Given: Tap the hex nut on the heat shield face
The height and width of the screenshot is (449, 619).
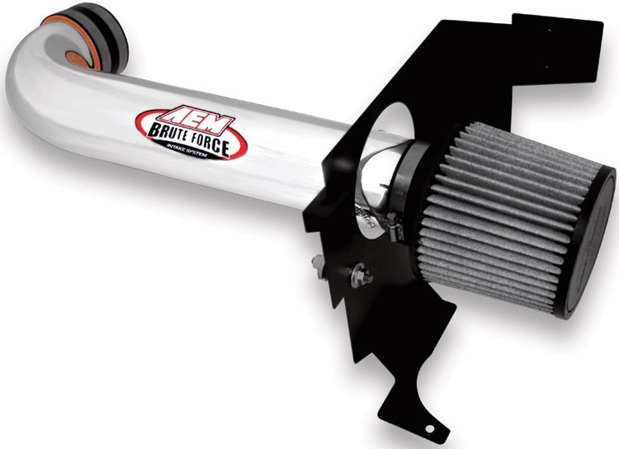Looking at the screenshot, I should pyautogui.click(x=361, y=275).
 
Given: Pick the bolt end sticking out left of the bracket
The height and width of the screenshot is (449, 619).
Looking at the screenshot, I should pyautogui.click(x=317, y=263).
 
